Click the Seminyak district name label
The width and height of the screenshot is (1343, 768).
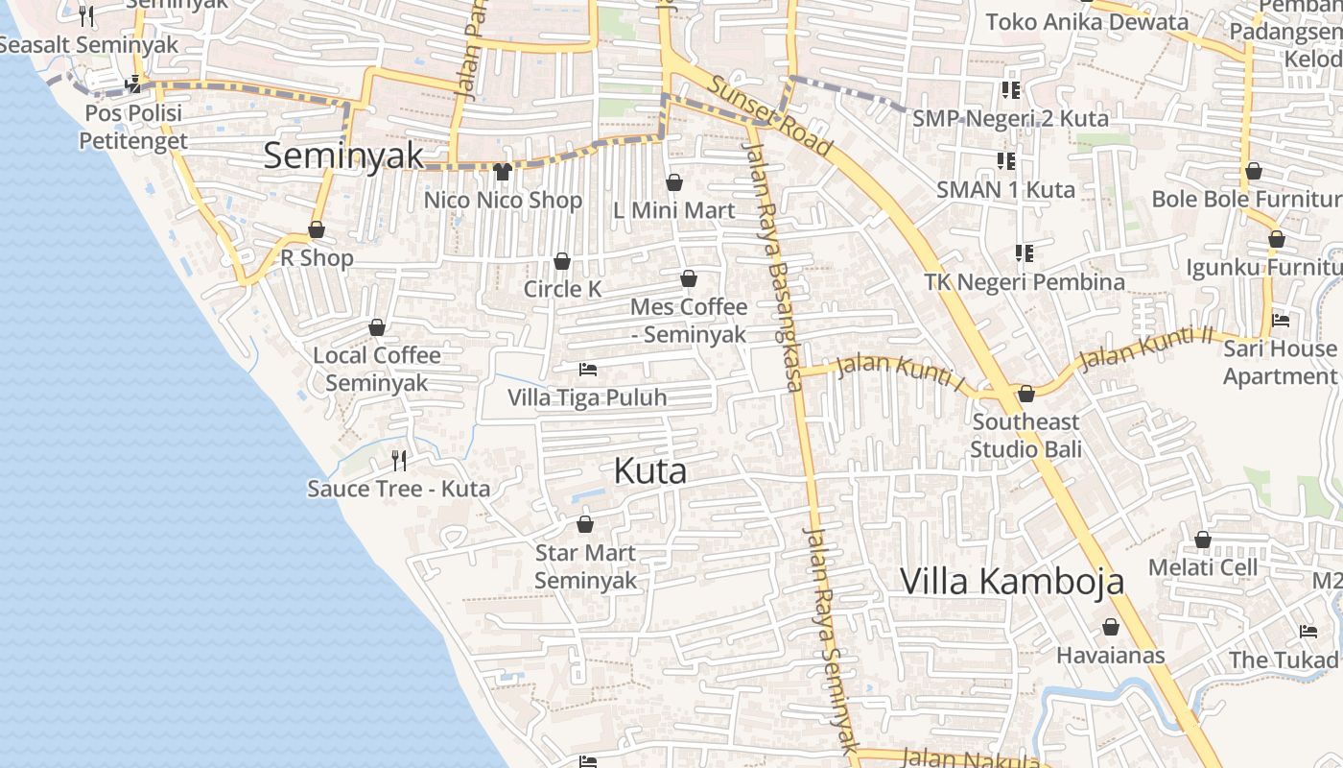[342, 156]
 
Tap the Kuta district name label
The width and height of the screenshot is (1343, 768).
[649, 471]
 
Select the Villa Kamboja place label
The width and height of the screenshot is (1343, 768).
[1012, 581]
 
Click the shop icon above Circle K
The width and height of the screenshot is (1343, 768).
[562, 261]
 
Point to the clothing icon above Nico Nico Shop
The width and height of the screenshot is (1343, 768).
[502, 172]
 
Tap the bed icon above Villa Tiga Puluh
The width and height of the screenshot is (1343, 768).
[588, 370]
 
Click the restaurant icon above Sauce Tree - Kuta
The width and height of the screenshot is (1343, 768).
[399, 461]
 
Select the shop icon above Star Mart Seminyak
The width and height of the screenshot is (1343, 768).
[584, 524]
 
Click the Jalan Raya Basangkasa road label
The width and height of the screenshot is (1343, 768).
[773, 267]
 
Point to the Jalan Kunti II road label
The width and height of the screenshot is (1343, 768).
[1145, 349]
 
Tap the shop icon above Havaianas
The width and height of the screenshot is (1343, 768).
[1111, 628]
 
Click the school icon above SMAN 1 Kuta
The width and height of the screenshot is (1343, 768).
[1005, 160]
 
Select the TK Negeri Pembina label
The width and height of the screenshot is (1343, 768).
[1025, 282]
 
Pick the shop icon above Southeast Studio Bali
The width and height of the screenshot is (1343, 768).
[1025, 394]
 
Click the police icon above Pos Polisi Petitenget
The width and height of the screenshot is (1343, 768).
[133, 84]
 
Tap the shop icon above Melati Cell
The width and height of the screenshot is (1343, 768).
[1202, 540]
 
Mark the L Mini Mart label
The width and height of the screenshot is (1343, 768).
[674, 210]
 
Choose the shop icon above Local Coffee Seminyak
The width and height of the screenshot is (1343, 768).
[377, 327]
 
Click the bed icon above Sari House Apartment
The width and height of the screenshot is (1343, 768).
[1280, 321]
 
